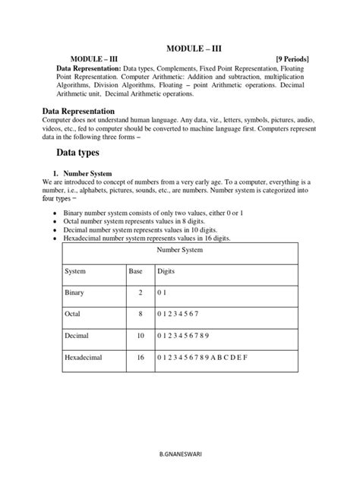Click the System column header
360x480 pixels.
pos(75,270)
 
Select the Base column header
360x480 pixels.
pos(135,270)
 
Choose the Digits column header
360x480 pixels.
pos(166,270)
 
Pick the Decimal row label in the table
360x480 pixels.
pos(77,335)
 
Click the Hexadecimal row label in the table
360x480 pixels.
pos(84,356)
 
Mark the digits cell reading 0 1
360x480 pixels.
pos(161,292)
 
